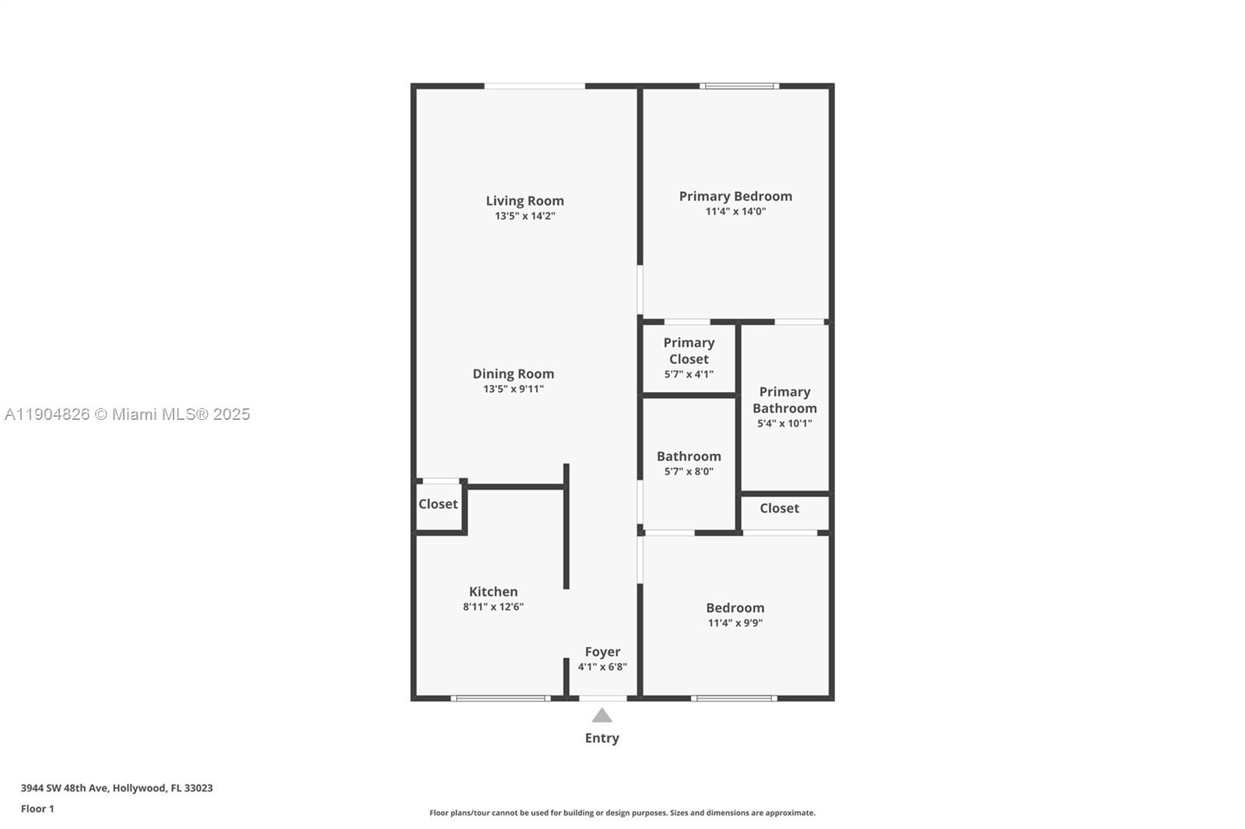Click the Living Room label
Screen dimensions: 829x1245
pyautogui.click(x=524, y=201)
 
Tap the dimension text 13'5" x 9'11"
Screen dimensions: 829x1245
pyautogui.click(x=513, y=389)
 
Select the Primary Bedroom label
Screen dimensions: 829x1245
pyautogui.click(x=735, y=196)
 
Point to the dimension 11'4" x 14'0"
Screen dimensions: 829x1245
pyautogui.click(x=735, y=212)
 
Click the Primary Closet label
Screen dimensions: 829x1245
pyautogui.click(x=689, y=351)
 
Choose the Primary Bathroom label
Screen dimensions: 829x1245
pyautogui.click(x=784, y=400)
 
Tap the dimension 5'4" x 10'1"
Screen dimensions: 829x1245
pyautogui.click(x=784, y=424)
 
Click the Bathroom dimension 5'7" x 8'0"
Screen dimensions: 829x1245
pyautogui.click(x=689, y=471)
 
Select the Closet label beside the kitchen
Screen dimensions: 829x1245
pyautogui.click(x=438, y=504)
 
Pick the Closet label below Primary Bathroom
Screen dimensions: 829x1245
pyautogui.click(x=779, y=508)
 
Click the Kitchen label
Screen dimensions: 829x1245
pyautogui.click(x=493, y=592)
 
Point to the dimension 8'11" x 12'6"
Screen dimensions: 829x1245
pyautogui.click(x=493, y=607)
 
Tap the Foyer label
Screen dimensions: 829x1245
pyautogui.click(x=602, y=652)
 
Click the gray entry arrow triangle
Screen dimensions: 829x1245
pyautogui.click(x=601, y=716)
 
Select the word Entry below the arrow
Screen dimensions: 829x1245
pyautogui.click(x=601, y=738)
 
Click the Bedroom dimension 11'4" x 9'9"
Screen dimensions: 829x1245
pyautogui.click(x=735, y=623)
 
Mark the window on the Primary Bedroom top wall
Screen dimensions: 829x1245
pyautogui.click(x=739, y=86)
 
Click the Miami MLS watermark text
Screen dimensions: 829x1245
pyautogui.click(x=127, y=414)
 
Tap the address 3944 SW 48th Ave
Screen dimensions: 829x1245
pyautogui.click(x=65, y=788)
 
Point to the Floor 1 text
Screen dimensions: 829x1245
pyautogui.click(x=37, y=809)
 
